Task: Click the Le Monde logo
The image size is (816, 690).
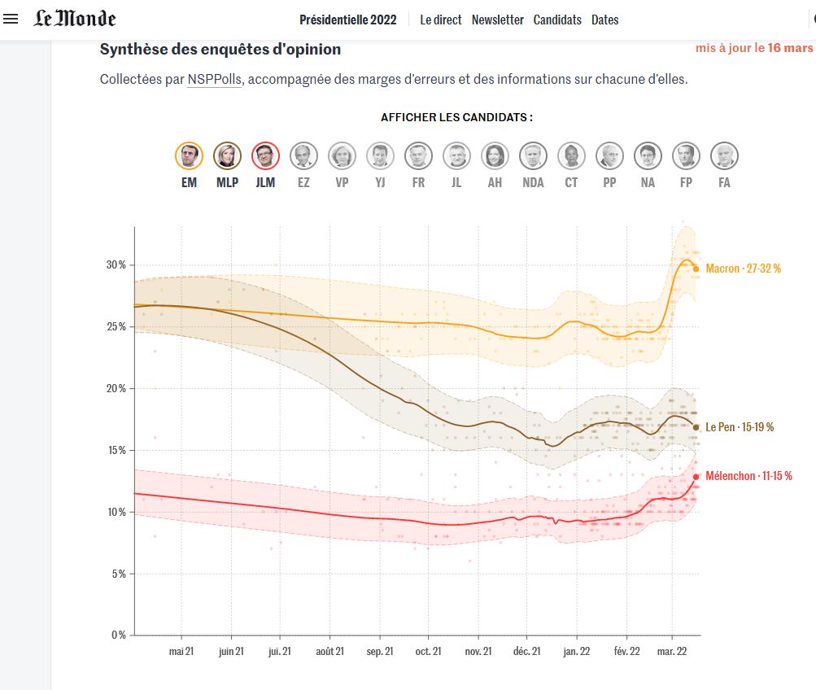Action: click(x=75, y=19)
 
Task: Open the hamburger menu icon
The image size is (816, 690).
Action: click(x=11, y=19)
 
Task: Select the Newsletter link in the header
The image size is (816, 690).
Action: click(x=497, y=20)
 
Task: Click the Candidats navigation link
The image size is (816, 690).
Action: click(x=557, y=20)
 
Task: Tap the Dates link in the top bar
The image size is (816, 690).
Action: click(x=604, y=20)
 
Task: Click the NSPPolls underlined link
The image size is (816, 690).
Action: click(x=214, y=80)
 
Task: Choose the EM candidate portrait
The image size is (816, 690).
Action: click(x=189, y=155)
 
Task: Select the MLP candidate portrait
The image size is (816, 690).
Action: click(x=227, y=155)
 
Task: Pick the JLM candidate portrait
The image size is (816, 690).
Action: click(x=265, y=155)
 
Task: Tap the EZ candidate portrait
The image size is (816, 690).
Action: click(x=303, y=155)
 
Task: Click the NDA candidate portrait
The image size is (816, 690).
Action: click(x=533, y=155)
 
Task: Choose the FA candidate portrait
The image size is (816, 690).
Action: click(x=724, y=155)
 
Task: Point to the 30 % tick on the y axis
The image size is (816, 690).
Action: click(x=116, y=265)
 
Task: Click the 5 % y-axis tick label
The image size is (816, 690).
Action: click(x=118, y=574)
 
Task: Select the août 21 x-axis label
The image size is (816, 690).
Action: click(x=330, y=651)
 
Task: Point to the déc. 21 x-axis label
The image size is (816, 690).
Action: click(x=526, y=651)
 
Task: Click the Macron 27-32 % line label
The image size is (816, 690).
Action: click(x=743, y=269)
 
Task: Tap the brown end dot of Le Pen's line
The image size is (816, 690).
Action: click(x=696, y=426)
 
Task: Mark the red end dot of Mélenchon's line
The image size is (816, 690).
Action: click(x=696, y=477)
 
